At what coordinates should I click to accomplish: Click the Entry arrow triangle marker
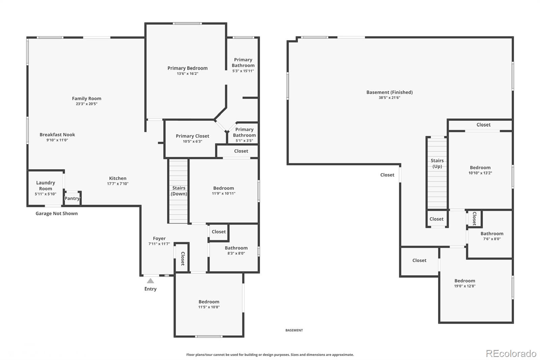151,281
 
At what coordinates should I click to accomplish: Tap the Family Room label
86,99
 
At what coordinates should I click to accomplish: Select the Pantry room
72,198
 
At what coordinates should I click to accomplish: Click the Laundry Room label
46,185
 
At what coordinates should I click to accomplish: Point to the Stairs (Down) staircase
178,191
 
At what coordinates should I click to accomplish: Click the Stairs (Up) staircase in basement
437,172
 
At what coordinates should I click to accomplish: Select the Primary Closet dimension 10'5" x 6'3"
192,142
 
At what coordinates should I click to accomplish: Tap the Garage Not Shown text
57,213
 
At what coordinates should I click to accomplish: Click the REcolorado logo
511,354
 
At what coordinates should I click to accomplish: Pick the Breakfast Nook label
57,134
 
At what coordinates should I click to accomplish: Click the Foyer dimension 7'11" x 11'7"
159,244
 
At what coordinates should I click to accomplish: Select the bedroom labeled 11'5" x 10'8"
209,304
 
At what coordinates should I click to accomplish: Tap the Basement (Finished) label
389,92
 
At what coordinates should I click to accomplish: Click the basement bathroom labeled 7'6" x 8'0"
492,236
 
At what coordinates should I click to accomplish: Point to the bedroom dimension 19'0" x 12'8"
464,286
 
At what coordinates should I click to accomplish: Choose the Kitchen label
117,178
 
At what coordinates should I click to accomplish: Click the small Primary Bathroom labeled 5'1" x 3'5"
244,134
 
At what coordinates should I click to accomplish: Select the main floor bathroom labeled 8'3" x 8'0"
236,250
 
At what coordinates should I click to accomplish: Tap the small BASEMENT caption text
294,330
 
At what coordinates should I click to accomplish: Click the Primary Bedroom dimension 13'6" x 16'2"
187,74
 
